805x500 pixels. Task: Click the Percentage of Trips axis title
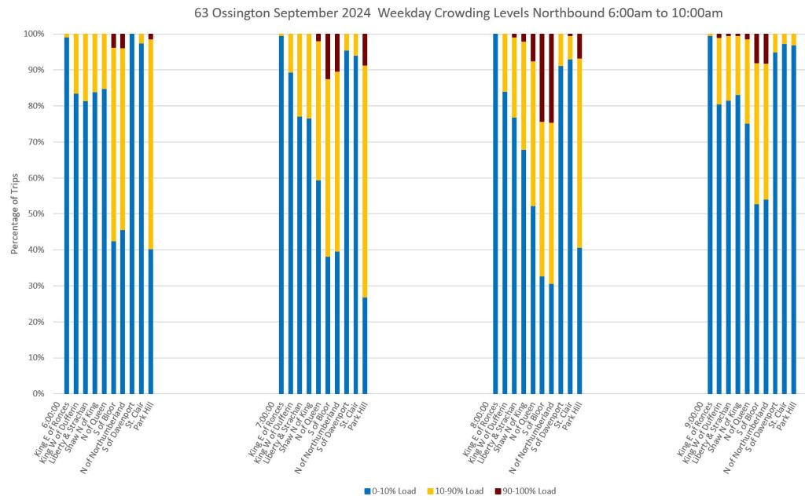(15, 214)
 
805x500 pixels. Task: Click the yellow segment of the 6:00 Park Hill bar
(150, 141)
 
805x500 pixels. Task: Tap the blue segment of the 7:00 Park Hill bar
(364, 345)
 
